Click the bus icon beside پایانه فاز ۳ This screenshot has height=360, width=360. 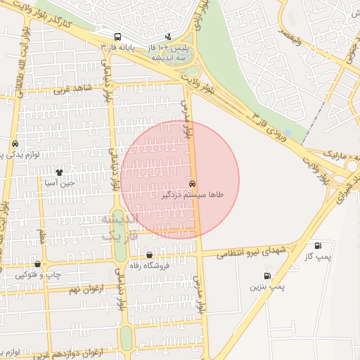tap(117, 36)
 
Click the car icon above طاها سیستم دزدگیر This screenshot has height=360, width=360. tap(193, 183)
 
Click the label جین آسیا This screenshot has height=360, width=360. tap(59, 182)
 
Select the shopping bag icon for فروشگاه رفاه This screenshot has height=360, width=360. tap(149, 255)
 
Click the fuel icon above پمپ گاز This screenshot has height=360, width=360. tap(319, 246)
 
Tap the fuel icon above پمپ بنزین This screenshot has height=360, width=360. tap(266, 276)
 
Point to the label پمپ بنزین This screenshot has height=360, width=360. tap(266, 287)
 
